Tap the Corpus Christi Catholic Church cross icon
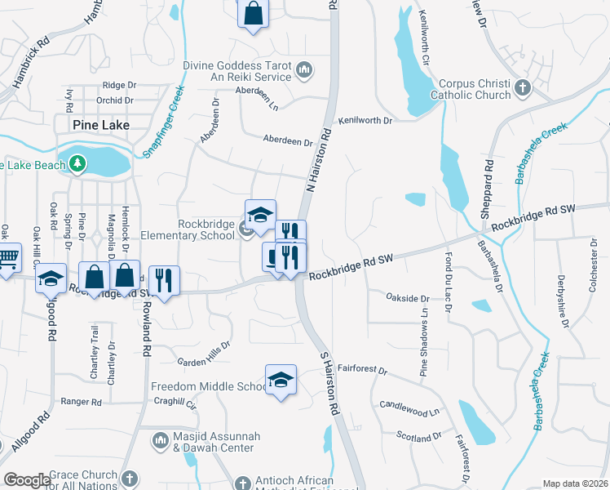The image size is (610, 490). click(523, 87)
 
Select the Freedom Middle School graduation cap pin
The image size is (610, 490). click(281, 381)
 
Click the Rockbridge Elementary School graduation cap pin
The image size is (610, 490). click(260, 215)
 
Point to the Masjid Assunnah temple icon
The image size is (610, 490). click(161, 441)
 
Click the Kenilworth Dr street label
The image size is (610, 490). click(366, 120)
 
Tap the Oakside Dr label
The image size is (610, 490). click(408, 298)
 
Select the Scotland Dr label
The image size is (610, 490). click(418, 438)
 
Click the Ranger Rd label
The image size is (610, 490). click(81, 402)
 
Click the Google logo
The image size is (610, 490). click(27, 480)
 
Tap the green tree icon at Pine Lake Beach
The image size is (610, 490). click(78, 164)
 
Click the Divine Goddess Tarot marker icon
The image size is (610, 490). click(304, 70)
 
